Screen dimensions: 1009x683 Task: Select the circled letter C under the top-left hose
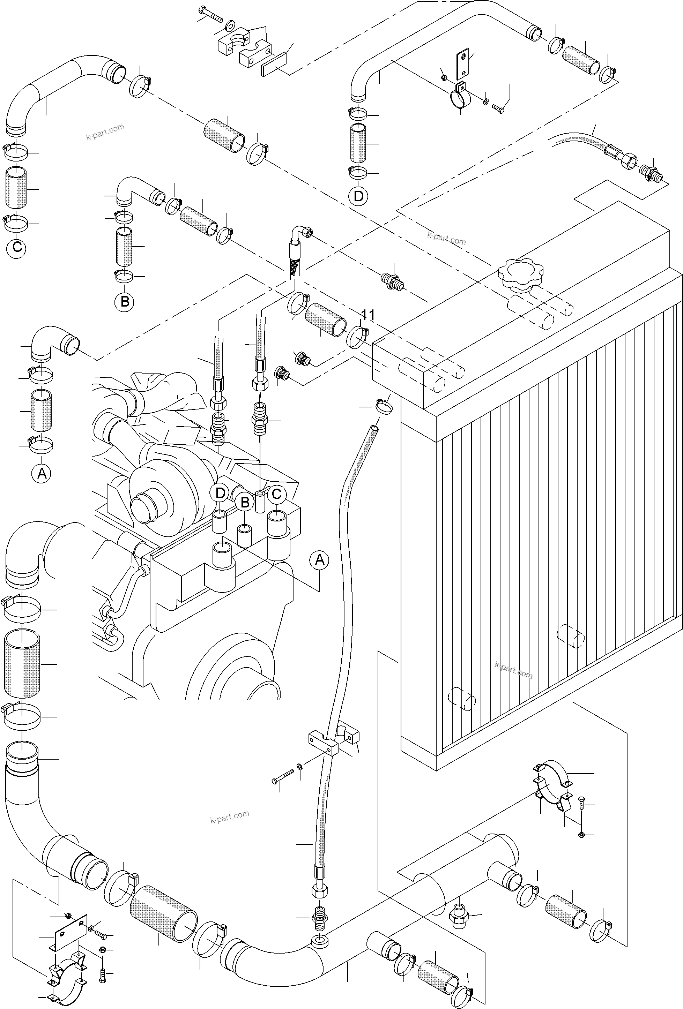click(x=17, y=247)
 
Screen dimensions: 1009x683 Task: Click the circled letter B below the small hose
click(x=125, y=301)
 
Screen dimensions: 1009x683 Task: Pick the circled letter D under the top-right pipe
click(x=358, y=196)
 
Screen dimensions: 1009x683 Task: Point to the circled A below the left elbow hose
click(x=42, y=473)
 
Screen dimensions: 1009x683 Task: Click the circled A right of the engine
click(x=319, y=560)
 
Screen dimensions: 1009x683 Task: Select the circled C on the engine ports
click(x=276, y=494)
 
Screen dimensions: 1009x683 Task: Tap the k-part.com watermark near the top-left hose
click(x=105, y=132)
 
